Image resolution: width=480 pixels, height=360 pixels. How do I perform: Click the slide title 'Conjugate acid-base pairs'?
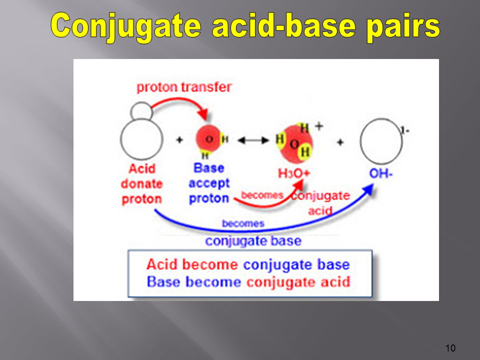[245, 27]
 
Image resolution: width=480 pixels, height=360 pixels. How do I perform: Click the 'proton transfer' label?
[184, 87]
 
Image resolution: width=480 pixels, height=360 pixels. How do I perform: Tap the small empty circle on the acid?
[141, 111]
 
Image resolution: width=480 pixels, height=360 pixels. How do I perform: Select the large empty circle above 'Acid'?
[141, 139]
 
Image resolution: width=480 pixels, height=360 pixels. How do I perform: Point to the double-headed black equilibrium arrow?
[253, 140]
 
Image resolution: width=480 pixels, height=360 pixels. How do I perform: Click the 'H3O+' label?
[294, 173]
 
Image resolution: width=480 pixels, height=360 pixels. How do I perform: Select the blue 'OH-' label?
[381, 174]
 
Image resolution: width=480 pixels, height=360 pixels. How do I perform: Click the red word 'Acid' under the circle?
[142, 168]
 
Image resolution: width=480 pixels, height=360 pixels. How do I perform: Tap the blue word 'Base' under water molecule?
[209, 168]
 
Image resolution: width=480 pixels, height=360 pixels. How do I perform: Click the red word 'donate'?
[141, 184]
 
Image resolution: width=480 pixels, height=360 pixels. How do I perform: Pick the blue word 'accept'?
[209, 183]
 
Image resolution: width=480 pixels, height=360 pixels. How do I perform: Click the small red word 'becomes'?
[262, 195]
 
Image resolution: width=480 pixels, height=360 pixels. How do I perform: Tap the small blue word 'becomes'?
[243, 223]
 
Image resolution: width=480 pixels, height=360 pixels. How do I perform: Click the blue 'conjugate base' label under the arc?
[253, 241]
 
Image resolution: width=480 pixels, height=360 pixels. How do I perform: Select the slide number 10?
[450, 348]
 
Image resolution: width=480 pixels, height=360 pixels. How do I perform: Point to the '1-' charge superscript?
[405, 130]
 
